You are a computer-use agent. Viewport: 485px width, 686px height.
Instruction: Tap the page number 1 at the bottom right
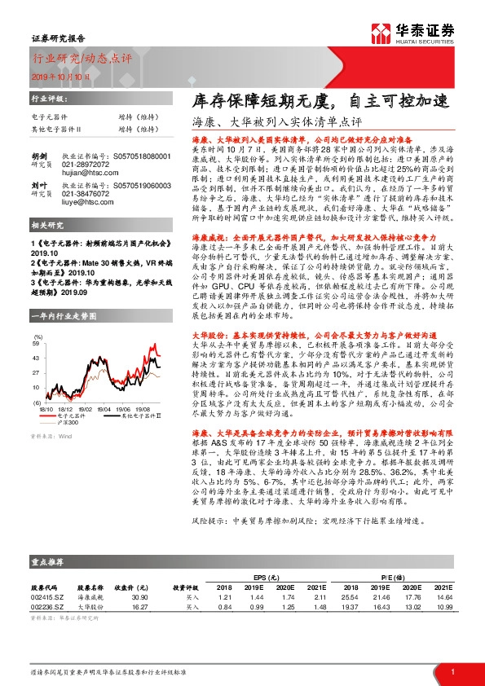pos(451,671)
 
